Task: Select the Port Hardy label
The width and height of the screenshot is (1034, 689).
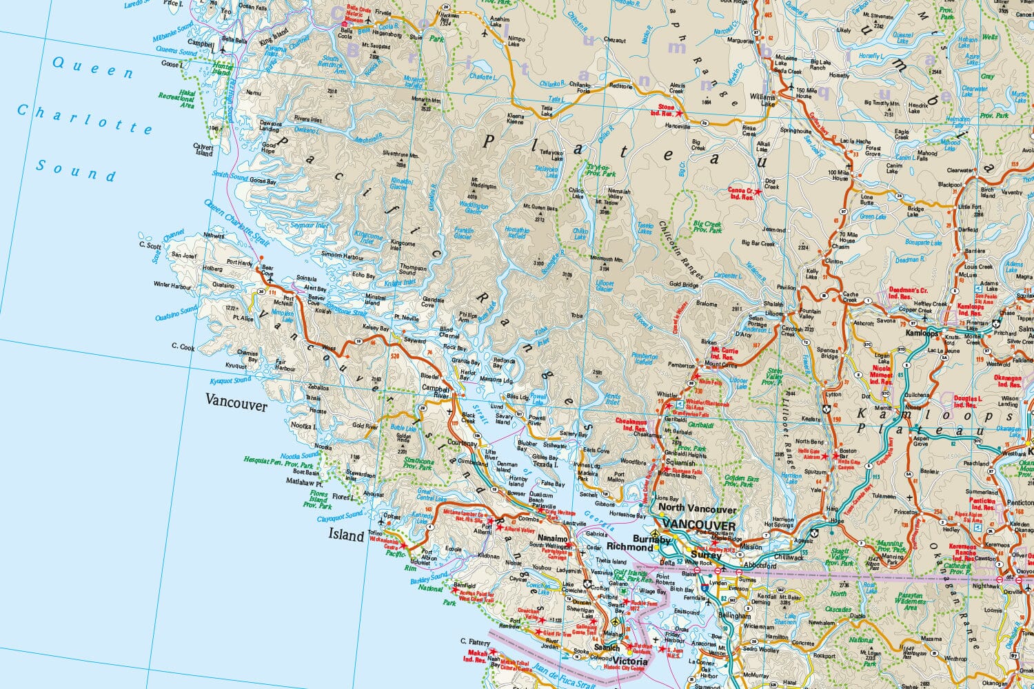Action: tap(239, 263)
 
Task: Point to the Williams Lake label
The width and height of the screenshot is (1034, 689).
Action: tap(763, 101)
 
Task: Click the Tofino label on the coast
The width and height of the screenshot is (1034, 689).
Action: tap(375, 532)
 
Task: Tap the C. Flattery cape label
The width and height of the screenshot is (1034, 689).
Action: tap(475, 641)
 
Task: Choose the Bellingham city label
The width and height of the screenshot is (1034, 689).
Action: tap(733, 615)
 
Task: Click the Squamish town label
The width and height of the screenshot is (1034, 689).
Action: tap(680, 463)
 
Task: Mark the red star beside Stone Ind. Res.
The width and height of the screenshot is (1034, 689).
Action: tap(680, 113)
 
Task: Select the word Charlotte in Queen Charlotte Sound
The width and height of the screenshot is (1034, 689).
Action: tap(85, 119)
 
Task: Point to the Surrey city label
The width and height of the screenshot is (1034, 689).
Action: tap(705, 554)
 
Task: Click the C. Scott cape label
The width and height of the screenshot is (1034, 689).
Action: tap(150, 245)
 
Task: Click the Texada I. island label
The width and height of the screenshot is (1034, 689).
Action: tap(545, 464)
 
